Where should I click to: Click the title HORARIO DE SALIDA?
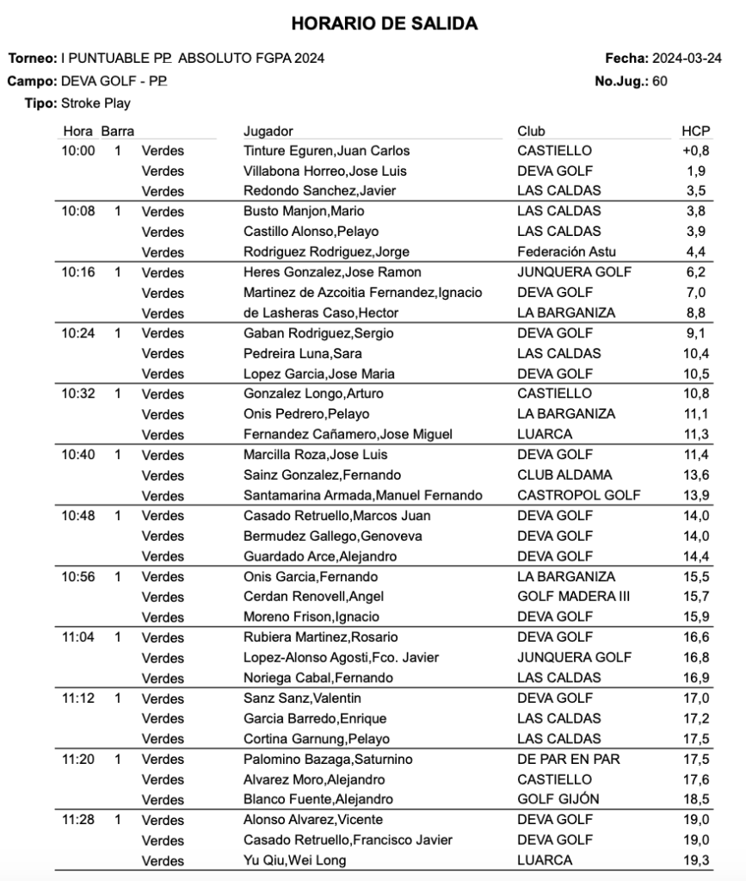pos(384,24)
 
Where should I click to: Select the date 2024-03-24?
pos(687,59)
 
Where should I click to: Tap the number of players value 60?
pos(660,81)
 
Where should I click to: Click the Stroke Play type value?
pos(96,103)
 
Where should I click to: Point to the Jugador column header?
pos(268,131)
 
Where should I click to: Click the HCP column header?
pos(695,131)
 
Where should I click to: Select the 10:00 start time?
pos(78,151)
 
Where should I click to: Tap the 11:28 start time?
pos(78,820)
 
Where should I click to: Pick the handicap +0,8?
pos(696,151)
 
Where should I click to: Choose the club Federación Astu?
pos(566,251)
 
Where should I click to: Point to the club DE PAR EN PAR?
pos(568,759)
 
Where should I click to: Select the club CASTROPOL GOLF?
pos(578,495)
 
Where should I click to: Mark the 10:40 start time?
pos(78,455)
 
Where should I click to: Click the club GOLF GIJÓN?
pos(558,799)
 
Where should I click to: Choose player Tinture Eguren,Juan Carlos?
pos(326,151)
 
